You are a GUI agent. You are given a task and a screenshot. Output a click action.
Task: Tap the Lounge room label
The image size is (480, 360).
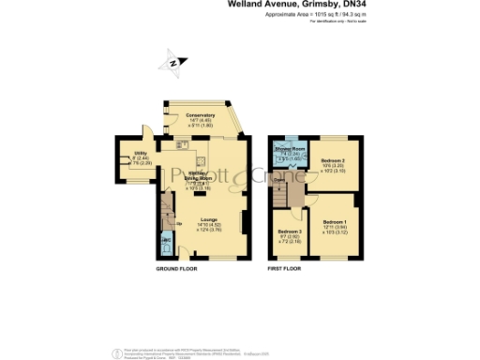(x=208, y=219)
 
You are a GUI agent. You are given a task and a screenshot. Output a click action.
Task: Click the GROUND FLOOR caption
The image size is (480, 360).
(x=175, y=268)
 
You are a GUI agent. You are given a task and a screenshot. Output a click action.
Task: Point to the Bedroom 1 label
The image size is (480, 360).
(x=334, y=221)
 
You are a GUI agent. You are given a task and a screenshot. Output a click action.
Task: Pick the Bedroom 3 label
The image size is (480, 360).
(x=289, y=230)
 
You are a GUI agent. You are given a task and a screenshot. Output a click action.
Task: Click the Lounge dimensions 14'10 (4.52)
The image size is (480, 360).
(x=208, y=225)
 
